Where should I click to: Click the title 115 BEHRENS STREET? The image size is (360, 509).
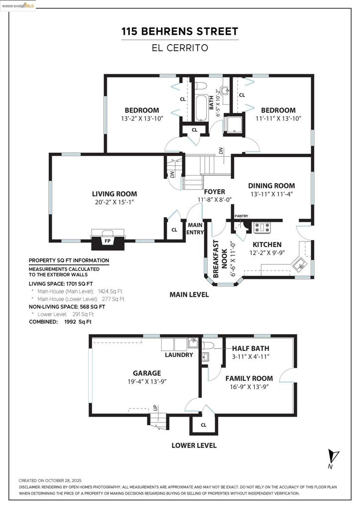tap(180, 32)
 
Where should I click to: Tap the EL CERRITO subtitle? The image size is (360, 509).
tap(180, 48)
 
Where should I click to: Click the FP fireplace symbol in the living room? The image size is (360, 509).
tap(106, 241)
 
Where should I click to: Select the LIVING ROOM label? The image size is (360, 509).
tap(114, 194)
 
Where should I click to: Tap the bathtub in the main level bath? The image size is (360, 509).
tap(201, 108)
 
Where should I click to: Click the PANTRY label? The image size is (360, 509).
tap(241, 216)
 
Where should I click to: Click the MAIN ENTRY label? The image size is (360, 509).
tap(195, 228)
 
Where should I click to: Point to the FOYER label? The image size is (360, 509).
tap(214, 191)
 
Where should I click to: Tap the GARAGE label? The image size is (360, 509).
tap(147, 373)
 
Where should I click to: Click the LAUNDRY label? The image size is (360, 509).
tap(179, 355)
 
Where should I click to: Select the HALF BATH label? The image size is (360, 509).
tap(251, 348)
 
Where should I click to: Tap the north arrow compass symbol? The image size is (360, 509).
tap(333, 456)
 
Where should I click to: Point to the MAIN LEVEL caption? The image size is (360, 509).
tap(189, 295)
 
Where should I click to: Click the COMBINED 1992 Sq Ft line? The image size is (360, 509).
tap(60, 322)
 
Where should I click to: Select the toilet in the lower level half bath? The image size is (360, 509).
tap(207, 345)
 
